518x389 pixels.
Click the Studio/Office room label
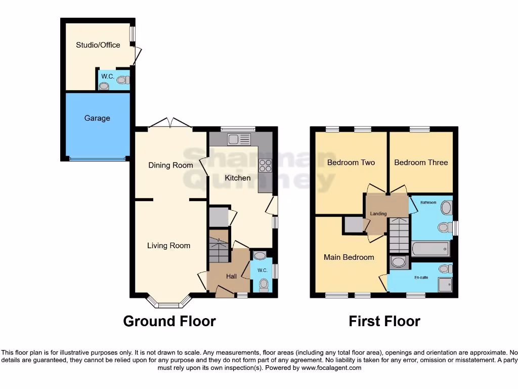click(98, 45)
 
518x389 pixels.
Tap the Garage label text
click(97, 118)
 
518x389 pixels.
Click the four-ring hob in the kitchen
click(265, 166)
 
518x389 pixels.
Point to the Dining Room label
click(170, 165)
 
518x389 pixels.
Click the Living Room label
click(168, 246)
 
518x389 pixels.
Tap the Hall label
click(231, 276)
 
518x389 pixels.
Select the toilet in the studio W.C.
click(123, 80)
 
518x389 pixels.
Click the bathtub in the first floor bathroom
click(430, 249)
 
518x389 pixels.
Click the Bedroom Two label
click(351, 163)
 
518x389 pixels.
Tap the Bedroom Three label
click(421, 163)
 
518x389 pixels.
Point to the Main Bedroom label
click(349, 257)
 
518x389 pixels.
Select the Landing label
click(378, 214)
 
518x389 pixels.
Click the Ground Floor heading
click(169, 321)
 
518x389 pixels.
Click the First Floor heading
click(384, 321)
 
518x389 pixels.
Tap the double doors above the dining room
click(170, 123)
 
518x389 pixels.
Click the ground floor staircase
click(219, 246)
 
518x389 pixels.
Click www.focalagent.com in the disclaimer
click(331, 368)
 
